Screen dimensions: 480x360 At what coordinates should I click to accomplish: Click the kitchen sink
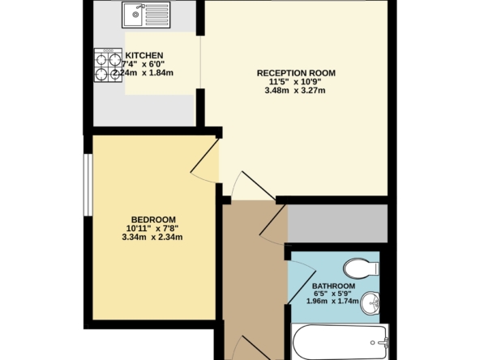[x=146, y=15]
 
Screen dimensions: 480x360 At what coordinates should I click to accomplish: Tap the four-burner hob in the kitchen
[x=108, y=65]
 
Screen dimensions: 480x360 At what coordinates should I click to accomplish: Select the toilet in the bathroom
[x=362, y=268]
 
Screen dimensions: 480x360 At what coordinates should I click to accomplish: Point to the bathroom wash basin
[x=370, y=302]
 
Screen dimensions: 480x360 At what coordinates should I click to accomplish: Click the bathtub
[x=340, y=342]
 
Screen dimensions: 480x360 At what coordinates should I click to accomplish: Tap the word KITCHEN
[x=144, y=55]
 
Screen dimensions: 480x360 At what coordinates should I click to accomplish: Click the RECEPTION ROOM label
[x=296, y=73]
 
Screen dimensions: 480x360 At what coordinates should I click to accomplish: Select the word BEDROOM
[x=153, y=220]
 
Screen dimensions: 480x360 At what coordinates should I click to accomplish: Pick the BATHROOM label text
[x=334, y=286]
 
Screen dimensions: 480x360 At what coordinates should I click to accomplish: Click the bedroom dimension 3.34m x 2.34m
[x=152, y=238]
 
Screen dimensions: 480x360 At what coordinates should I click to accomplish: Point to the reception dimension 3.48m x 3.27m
[x=295, y=91]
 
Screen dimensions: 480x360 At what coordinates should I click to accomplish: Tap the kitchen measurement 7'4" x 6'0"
[x=144, y=64]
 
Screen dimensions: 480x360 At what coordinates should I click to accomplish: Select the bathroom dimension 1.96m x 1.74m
[x=332, y=302]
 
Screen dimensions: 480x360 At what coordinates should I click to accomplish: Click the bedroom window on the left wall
[x=88, y=185]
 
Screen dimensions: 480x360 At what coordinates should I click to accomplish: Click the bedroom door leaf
[x=205, y=156]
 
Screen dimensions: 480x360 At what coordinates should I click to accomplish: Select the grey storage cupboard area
[x=337, y=224]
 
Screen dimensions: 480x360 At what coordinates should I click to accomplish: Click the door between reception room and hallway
[x=259, y=186]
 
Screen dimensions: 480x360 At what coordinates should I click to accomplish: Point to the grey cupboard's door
[x=273, y=220]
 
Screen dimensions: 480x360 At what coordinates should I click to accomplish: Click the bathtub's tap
[x=383, y=342]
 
